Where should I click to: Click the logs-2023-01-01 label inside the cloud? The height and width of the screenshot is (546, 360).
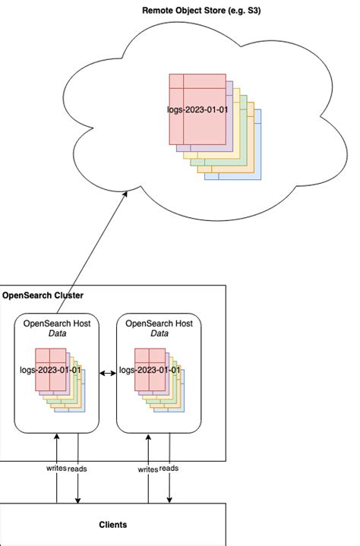coord(197,109)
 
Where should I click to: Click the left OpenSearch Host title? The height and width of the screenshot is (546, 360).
coord(57,323)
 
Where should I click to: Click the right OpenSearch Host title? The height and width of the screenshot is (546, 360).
coord(159,323)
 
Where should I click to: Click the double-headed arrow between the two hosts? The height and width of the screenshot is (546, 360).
coord(108,372)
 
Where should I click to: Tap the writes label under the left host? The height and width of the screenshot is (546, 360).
coord(55,469)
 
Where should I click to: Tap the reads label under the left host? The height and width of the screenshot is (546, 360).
coord(77,469)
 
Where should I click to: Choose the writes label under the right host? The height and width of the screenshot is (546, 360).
coord(147,469)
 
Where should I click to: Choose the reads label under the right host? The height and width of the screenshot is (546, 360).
coord(169,469)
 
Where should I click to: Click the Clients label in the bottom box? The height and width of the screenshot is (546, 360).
coord(112,525)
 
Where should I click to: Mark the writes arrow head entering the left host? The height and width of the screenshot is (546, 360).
coord(56,435)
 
